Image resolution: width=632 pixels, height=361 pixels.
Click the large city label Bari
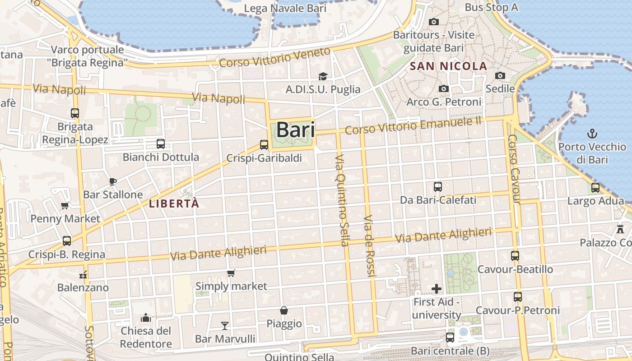point(295,130)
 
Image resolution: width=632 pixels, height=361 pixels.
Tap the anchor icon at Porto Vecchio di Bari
point(592,134)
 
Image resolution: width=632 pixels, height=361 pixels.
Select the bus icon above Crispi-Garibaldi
point(264,145)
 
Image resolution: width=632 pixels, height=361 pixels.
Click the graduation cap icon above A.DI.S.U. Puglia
point(323,76)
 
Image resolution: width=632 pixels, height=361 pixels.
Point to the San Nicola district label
point(448,66)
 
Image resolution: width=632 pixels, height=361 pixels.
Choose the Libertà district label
point(174,204)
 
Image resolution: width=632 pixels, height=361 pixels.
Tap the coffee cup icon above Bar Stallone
point(113,181)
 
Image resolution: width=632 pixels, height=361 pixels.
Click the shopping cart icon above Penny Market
point(65,206)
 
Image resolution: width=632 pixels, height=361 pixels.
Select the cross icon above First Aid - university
point(437,288)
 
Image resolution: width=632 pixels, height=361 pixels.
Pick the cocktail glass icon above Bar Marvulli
point(225,325)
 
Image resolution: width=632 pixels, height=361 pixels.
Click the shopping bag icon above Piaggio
point(284,310)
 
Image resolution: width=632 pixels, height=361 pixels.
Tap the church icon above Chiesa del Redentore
point(146,318)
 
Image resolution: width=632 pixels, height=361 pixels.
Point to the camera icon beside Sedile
point(500,75)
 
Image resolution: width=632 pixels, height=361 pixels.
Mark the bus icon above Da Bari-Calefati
point(437,186)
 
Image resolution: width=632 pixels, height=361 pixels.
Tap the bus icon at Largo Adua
point(595,188)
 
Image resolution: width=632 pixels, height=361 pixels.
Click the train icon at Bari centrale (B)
point(450,337)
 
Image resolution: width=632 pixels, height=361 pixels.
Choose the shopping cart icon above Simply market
point(231,273)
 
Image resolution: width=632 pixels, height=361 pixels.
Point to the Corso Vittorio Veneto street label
point(274,58)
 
